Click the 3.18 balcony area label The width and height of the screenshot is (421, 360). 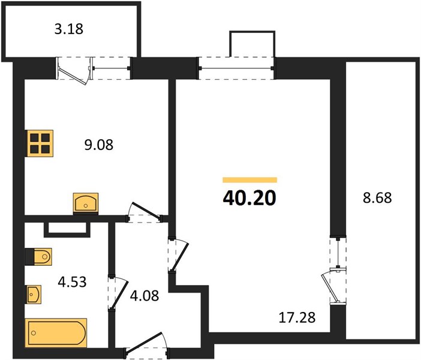click(x=69, y=29)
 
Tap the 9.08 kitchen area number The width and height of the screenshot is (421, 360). click(x=99, y=145)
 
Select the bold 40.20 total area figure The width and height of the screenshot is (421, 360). click(x=249, y=198)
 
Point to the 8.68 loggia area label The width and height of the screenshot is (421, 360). click(x=377, y=198)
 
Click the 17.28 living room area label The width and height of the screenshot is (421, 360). click(x=297, y=317)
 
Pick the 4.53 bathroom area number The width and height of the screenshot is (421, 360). click(x=72, y=282)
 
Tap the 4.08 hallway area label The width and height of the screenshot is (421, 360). click(x=145, y=296)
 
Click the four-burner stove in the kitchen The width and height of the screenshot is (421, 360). click(x=39, y=143)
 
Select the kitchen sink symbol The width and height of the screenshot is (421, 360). click(x=86, y=203)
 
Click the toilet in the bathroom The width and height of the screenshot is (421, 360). click(x=38, y=257)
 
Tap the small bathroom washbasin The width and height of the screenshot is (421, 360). click(x=33, y=295)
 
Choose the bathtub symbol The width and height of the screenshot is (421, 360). click(x=56, y=333)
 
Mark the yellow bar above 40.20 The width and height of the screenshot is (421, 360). click(x=249, y=180)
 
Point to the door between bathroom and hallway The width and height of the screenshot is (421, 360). click(x=117, y=293)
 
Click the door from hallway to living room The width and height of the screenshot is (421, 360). click(x=178, y=255)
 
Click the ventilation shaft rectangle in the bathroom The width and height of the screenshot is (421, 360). click(x=67, y=230)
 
